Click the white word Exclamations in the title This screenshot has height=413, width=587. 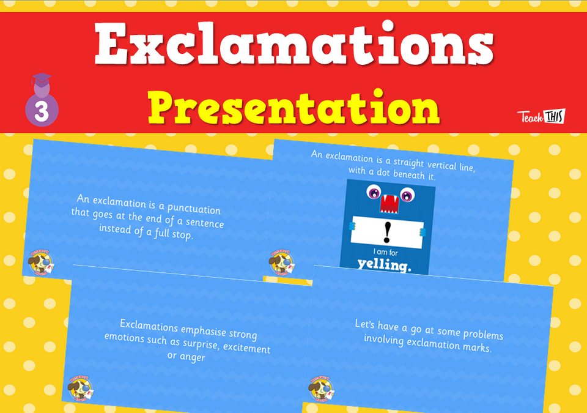tap(293, 46)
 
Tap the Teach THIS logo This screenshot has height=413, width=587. tap(541, 116)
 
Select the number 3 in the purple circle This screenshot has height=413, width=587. tap(42, 113)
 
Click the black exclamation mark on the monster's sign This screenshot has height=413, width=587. tap(387, 232)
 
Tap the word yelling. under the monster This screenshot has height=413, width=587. tap(384, 266)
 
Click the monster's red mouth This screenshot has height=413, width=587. tap(389, 200)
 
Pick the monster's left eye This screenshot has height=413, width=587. tap(372, 193)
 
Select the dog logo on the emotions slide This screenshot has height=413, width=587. tap(80, 388)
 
